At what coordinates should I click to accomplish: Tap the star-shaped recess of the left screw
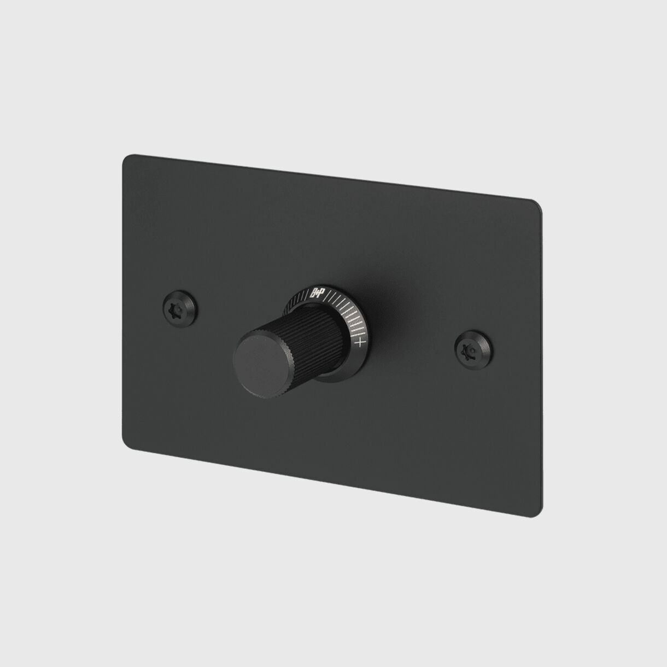point(177,301)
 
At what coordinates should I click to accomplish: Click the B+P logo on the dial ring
point(317,292)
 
